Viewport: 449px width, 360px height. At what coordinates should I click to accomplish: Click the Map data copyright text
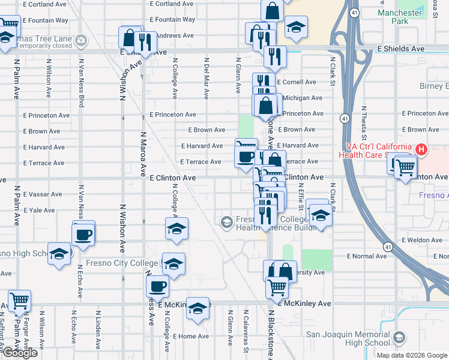point(411,355)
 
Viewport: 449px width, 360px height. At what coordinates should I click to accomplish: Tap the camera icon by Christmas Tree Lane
point(80,40)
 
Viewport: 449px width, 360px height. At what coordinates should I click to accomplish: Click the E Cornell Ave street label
point(295,82)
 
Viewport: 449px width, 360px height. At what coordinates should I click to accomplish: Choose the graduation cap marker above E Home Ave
point(197,308)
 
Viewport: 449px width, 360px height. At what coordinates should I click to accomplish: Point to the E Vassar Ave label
point(43,194)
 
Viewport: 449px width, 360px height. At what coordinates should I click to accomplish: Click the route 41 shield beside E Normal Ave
point(388,247)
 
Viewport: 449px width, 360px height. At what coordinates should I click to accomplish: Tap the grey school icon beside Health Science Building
point(226,223)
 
